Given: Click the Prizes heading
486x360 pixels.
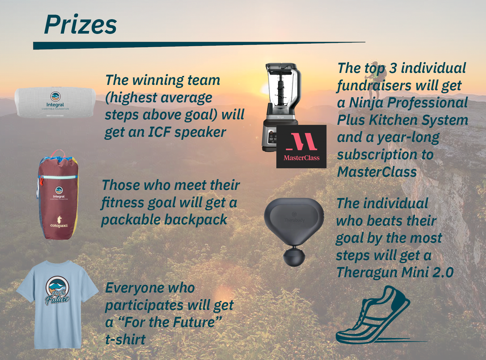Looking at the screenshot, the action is (80, 24).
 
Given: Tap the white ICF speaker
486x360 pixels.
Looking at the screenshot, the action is (55, 103).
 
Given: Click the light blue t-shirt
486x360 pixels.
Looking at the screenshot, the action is (57, 304).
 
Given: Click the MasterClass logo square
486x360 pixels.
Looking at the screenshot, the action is (301, 147).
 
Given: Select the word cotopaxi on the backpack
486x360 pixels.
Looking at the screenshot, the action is (59, 226).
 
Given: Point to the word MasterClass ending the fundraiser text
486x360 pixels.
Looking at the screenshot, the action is (377, 172).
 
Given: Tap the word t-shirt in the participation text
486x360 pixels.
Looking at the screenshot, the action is (125, 339).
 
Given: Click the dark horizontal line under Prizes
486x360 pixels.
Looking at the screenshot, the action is (199, 45).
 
